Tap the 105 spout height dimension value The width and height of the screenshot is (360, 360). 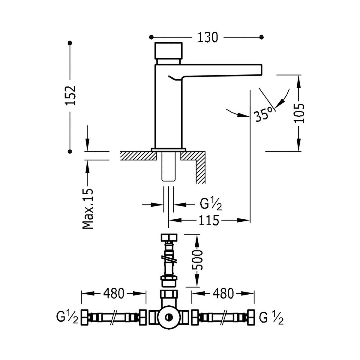click(299, 113)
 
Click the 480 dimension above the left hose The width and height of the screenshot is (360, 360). click(114, 294)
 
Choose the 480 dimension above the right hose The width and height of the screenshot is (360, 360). click(223, 294)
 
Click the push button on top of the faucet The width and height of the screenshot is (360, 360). click(168, 51)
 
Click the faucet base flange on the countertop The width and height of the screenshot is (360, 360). click(169, 149)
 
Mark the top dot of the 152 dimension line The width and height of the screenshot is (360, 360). click(70, 43)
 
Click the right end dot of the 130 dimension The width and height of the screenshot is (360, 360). click(261, 37)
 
